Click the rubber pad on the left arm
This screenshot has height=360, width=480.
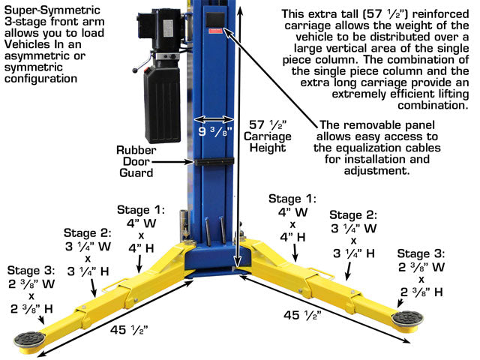[x=29, y=340]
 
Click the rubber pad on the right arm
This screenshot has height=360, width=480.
[x=407, y=318]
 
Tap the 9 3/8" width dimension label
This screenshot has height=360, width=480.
[x=215, y=132]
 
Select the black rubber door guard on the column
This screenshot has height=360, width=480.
[x=214, y=162]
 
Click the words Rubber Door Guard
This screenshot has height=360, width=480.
[x=136, y=161]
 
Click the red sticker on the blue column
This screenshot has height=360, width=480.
[x=215, y=31]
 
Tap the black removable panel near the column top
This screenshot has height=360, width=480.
[x=215, y=19]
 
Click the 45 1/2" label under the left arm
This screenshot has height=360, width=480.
[x=129, y=330]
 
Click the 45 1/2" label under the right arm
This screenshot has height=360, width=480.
[x=302, y=315]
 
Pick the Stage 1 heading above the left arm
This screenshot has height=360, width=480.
[x=141, y=210]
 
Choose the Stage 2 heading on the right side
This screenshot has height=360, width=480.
[x=353, y=215]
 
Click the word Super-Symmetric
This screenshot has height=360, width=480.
[x=52, y=10]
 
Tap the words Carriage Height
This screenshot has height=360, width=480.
[x=268, y=142]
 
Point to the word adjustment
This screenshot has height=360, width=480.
[x=376, y=170]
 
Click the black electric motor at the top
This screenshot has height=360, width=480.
[x=160, y=30]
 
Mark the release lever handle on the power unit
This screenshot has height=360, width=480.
[x=142, y=65]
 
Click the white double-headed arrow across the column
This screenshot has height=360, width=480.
[x=214, y=119]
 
